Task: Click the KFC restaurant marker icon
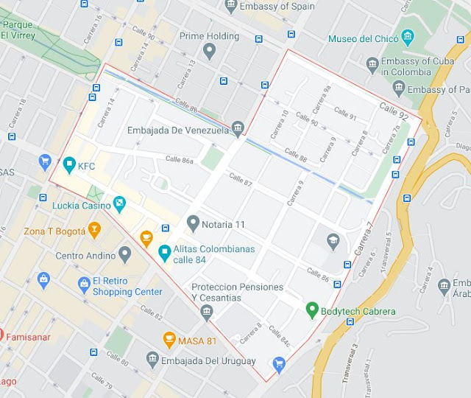(x=69, y=164)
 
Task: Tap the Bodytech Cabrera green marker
(x=312, y=310)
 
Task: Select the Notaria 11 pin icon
(x=193, y=222)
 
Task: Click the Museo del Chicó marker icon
(x=408, y=38)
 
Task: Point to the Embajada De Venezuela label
(x=178, y=130)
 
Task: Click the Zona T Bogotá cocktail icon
(x=94, y=231)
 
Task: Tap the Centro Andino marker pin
(x=125, y=255)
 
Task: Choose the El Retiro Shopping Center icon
(x=84, y=284)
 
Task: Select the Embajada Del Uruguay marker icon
(x=152, y=360)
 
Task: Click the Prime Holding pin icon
(x=210, y=51)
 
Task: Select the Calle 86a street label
(x=180, y=159)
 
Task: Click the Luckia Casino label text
(x=81, y=206)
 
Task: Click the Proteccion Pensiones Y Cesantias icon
(x=207, y=313)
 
